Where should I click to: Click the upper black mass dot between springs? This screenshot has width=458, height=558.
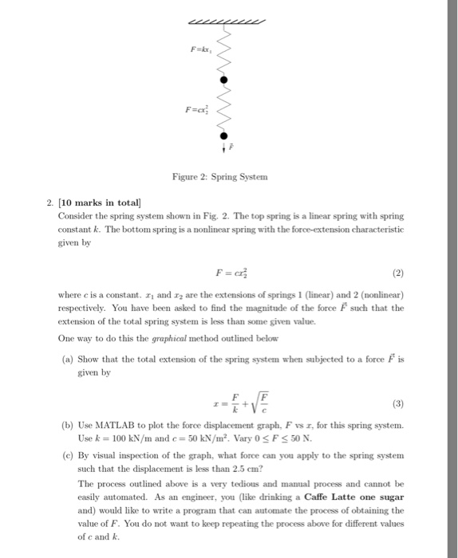(x=224, y=81)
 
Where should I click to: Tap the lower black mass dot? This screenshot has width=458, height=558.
(x=224, y=136)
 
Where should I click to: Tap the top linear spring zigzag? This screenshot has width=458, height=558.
(x=224, y=52)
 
